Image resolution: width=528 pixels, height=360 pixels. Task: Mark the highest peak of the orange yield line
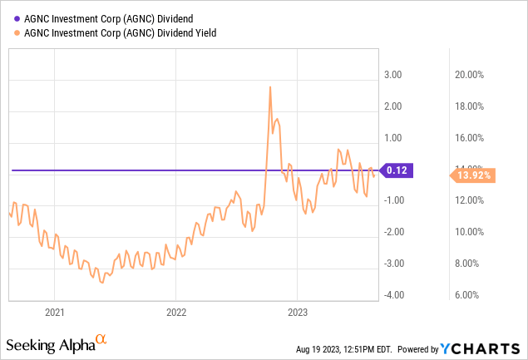click(x=270, y=86)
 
